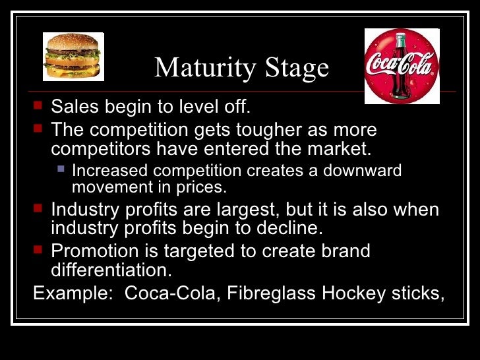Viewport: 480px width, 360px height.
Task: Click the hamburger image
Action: click(x=73, y=57)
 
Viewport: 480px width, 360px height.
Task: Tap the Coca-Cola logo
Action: click(x=402, y=66)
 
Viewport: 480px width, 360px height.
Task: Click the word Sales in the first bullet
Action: click(x=73, y=106)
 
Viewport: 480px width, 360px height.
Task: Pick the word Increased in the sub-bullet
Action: click(x=109, y=171)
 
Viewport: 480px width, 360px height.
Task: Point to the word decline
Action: click(x=289, y=228)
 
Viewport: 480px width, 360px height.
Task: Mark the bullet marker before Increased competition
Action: click(x=61, y=170)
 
